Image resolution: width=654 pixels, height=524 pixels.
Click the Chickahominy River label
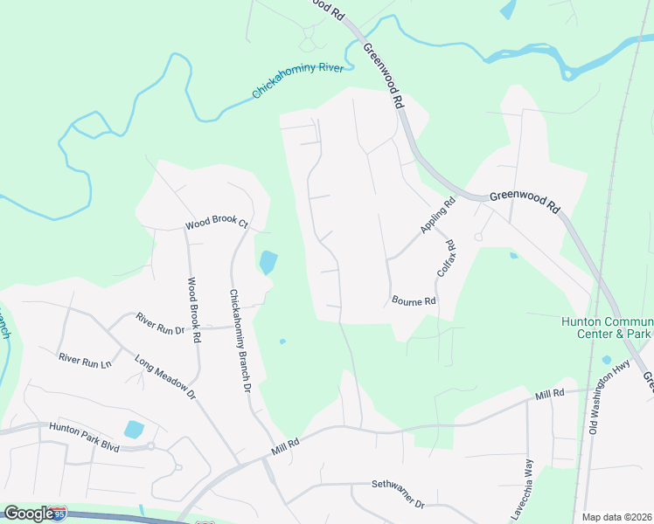tap(298, 81)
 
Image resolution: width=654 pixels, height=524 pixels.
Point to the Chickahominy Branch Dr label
tap(240, 340)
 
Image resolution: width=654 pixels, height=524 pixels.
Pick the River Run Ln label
tap(85, 359)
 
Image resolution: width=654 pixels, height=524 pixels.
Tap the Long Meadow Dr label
tap(165, 377)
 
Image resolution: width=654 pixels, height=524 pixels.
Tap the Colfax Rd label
tap(446, 259)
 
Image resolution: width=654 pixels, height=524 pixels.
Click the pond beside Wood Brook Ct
tap(268, 261)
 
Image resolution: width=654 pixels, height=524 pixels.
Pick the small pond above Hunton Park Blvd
tap(134, 429)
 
